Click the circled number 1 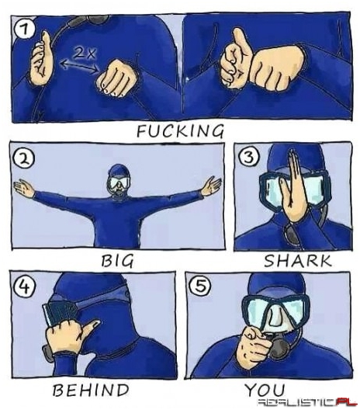[25, 30]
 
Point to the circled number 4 [24, 287]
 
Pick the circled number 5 [200, 286]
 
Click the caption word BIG [118, 261]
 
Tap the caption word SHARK [298, 261]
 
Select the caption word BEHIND [91, 390]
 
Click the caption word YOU [265, 390]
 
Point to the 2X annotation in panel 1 [84, 54]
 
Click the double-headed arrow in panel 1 [79, 66]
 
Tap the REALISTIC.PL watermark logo [307, 402]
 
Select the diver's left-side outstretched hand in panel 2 [23, 189]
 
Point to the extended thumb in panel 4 [89, 328]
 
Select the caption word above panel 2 [180, 130]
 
